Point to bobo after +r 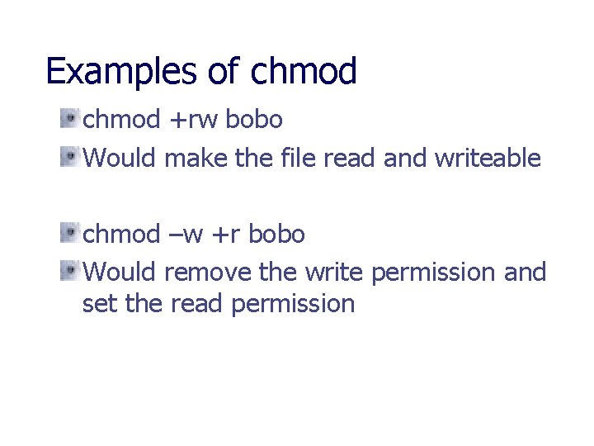tap(276, 235)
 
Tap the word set tap(99, 304)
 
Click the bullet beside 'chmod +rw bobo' tap(68, 120)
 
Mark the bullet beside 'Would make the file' tap(68, 156)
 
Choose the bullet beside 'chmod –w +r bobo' tap(68, 234)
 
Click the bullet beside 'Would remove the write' tap(68, 270)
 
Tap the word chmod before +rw tap(122, 121)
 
